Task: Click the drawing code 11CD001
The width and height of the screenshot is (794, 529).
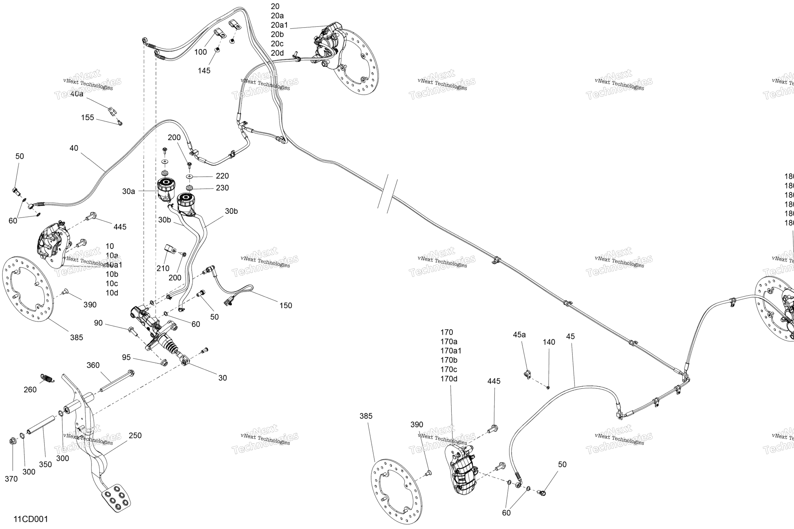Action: click(x=31, y=519)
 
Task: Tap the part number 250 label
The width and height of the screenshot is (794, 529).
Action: click(x=135, y=435)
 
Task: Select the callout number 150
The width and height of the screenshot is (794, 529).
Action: click(x=286, y=305)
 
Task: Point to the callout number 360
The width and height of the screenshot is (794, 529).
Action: click(x=93, y=365)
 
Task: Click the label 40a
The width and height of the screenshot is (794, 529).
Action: click(x=77, y=94)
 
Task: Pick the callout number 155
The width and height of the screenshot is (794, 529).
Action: click(x=88, y=117)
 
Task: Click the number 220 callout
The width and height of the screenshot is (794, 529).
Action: click(x=222, y=176)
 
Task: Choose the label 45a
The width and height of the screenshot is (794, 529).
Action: click(x=519, y=334)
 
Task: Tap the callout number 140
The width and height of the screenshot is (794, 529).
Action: click(x=549, y=342)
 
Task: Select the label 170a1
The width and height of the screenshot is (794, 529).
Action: click(x=451, y=351)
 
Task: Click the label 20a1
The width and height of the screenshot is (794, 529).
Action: click(x=279, y=25)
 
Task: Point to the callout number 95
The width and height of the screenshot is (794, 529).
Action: click(x=126, y=357)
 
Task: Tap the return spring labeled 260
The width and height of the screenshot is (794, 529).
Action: click(x=47, y=378)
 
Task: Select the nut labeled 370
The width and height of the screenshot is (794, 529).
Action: click(x=12, y=440)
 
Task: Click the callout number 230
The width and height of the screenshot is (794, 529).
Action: click(x=222, y=188)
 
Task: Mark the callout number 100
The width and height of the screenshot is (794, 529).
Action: click(x=201, y=52)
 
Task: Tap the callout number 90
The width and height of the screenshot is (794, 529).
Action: click(x=99, y=323)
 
